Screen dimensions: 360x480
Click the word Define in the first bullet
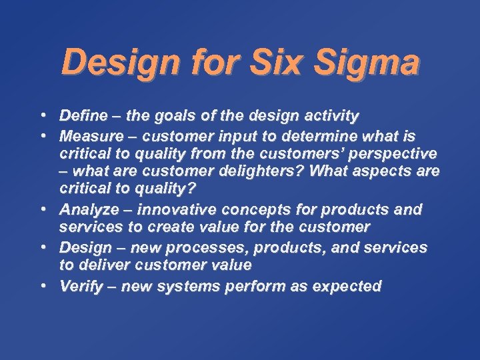click(x=83, y=116)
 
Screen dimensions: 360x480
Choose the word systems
click(x=172, y=287)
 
